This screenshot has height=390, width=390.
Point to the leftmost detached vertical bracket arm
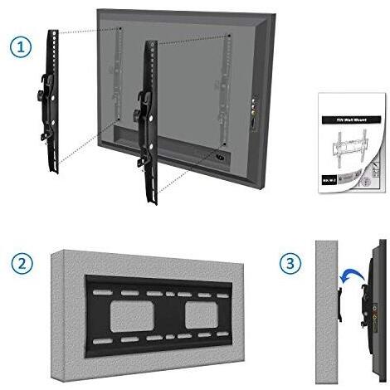pos(53,100)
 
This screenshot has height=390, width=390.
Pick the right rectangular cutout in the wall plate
pos(202,312)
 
